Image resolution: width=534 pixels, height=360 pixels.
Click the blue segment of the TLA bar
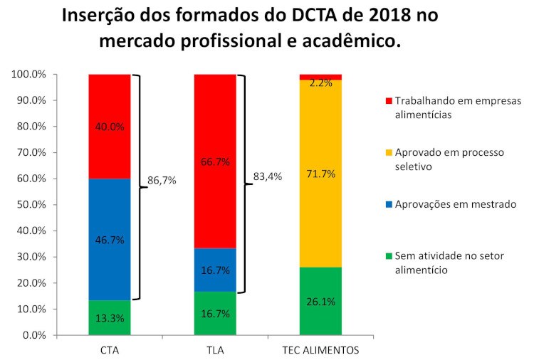[x=215, y=270]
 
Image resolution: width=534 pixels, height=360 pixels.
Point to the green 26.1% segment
[x=320, y=301]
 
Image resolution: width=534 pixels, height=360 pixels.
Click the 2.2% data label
[x=321, y=83]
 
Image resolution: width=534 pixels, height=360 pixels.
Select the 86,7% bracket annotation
[x=162, y=181]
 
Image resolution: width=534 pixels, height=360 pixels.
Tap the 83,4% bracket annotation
[x=268, y=177]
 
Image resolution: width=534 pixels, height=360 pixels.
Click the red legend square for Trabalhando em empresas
[x=387, y=101]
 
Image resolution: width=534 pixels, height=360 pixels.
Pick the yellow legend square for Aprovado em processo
[x=387, y=153]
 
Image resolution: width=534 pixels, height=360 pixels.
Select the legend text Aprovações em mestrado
[x=455, y=204]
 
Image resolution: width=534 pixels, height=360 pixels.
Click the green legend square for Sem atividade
[x=387, y=256]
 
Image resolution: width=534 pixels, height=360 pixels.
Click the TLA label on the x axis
[x=215, y=350]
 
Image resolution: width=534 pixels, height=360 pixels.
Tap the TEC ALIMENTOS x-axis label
[x=320, y=350]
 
